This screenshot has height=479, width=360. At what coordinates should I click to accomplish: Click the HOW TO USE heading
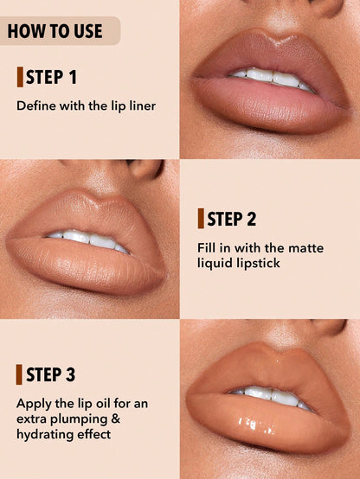(x=55, y=32)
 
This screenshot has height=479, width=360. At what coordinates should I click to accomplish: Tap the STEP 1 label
(x=51, y=78)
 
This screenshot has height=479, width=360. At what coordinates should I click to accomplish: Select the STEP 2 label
(x=231, y=219)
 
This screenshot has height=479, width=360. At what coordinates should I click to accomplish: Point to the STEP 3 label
(x=51, y=374)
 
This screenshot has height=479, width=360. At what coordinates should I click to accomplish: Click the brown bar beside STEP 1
(x=19, y=77)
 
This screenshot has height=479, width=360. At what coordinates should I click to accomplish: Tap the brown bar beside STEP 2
(x=200, y=219)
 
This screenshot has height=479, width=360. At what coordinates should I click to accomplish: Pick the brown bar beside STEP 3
(x=19, y=374)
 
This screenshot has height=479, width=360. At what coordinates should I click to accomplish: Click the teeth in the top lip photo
(x=270, y=79)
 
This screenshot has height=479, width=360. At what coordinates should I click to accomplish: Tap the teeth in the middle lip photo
(x=87, y=238)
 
